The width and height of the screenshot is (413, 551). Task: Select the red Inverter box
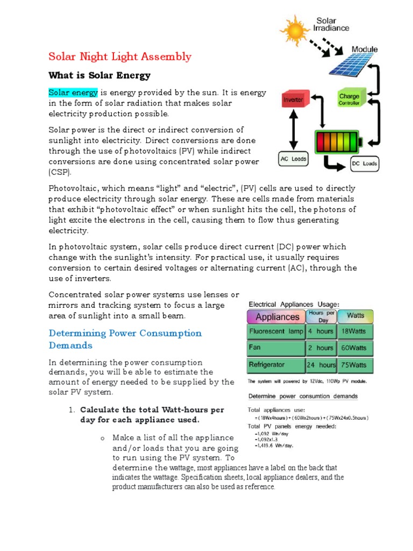(x=293, y=101)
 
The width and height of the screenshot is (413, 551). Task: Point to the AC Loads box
(x=293, y=159)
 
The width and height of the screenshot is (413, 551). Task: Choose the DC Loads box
(x=364, y=164)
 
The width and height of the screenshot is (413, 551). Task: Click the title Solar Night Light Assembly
(x=120, y=56)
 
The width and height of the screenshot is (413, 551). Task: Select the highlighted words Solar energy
(x=73, y=93)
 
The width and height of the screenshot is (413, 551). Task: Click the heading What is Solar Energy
(x=99, y=75)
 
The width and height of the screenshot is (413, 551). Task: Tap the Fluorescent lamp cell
(x=276, y=331)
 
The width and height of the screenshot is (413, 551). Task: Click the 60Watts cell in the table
(x=354, y=348)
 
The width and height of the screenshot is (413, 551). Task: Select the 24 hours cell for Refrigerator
(x=321, y=365)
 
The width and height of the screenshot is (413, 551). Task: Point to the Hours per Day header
(x=321, y=316)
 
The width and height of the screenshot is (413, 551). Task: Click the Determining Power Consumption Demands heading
(x=125, y=339)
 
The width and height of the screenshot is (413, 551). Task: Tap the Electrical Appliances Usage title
(x=294, y=304)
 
